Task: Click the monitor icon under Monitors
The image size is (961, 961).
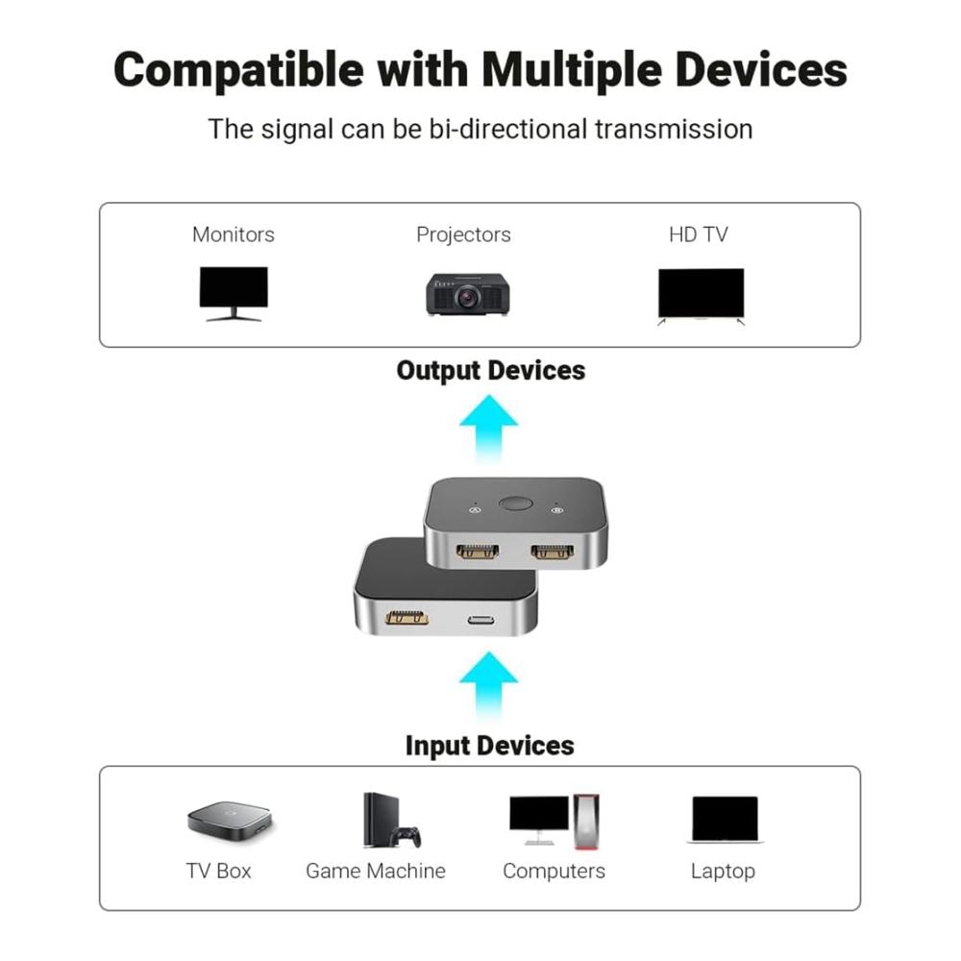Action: (234, 293)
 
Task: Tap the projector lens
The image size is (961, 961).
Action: (467, 298)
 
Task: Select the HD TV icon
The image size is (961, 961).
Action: (701, 296)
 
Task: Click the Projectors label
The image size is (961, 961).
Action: (463, 234)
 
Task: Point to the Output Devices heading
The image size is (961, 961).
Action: (490, 370)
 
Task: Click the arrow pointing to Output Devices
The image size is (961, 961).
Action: (488, 428)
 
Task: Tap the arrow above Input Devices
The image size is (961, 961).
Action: (488, 685)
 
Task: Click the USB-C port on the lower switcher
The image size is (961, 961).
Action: (481, 620)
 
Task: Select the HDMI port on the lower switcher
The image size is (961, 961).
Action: (407, 617)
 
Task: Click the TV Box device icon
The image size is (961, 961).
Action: (230, 820)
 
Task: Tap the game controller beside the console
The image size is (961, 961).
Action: (407, 837)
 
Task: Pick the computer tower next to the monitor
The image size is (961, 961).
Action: (586, 822)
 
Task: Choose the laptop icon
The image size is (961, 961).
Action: (725, 820)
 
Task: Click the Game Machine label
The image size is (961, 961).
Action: (376, 871)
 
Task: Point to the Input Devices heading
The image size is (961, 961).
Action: (490, 746)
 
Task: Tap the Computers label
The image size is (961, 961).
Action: (554, 871)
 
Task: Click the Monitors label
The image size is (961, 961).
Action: (234, 234)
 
